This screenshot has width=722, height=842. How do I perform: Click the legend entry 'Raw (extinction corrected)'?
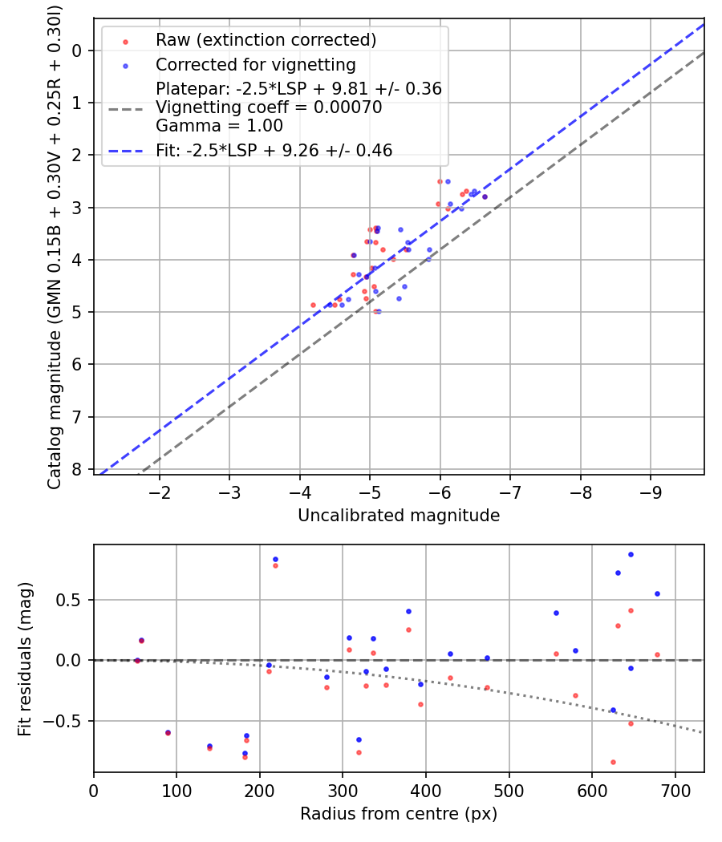(x=266, y=39)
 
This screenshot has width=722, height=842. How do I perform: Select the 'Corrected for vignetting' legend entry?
(x=255, y=64)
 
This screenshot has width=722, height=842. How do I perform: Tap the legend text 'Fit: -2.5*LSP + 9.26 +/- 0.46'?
(x=274, y=150)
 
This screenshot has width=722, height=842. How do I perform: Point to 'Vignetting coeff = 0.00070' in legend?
(x=269, y=107)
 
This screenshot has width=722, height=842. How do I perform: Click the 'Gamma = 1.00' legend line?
(x=219, y=126)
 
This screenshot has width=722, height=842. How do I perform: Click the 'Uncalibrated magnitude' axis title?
(x=399, y=516)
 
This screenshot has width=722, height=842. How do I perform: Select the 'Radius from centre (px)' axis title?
(x=399, y=814)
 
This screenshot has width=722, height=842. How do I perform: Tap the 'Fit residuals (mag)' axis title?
(x=26, y=658)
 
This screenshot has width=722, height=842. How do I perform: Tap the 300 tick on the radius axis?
(x=343, y=789)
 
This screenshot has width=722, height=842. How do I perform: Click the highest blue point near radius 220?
(x=275, y=559)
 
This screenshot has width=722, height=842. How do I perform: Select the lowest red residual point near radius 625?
(x=613, y=762)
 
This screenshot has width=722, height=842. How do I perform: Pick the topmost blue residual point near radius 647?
(x=631, y=554)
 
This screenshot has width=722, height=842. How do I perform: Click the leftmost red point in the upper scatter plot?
(x=313, y=305)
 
